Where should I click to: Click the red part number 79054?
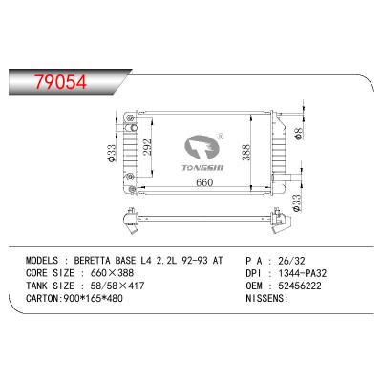[x=61, y=82]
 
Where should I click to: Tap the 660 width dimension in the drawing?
[x=204, y=182]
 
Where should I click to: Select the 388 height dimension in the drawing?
[x=246, y=153]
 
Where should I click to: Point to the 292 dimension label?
[x=148, y=147]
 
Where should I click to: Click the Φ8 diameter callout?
[x=298, y=134]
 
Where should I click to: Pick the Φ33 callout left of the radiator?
[x=112, y=154]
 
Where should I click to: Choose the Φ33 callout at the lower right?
[x=296, y=203]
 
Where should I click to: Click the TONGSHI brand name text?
[x=202, y=168]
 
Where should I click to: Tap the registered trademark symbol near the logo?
[x=220, y=137]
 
